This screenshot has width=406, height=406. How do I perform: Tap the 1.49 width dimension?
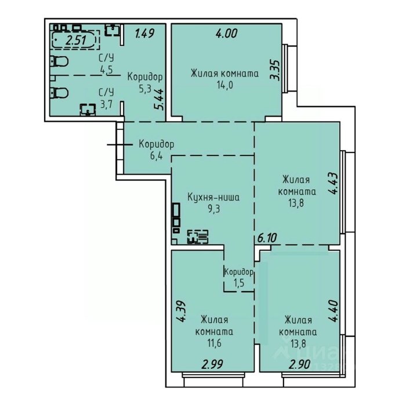[145, 34]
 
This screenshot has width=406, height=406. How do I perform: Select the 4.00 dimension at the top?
[227, 34]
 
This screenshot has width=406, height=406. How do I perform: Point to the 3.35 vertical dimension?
[275, 70]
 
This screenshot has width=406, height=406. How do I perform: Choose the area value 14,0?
[225, 85]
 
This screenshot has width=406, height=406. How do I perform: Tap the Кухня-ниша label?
[213, 198]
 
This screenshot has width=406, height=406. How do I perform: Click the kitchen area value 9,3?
[214, 208]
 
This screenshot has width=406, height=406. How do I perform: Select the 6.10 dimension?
[267, 238]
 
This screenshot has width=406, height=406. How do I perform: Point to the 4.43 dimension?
[333, 184]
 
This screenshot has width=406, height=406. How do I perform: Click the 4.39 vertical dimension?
[181, 311]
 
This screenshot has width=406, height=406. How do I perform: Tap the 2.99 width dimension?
[212, 364]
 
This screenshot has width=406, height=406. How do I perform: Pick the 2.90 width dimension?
[300, 365]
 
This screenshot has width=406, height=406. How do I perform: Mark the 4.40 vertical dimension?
[333, 311]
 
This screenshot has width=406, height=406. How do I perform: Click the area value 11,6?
[215, 343]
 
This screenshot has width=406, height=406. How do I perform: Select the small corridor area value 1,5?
[239, 283]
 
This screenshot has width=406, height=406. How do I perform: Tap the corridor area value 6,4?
[156, 156]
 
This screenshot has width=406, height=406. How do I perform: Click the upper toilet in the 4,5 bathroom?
[59, 61]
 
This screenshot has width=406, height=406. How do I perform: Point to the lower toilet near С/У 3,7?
[59, 93]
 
